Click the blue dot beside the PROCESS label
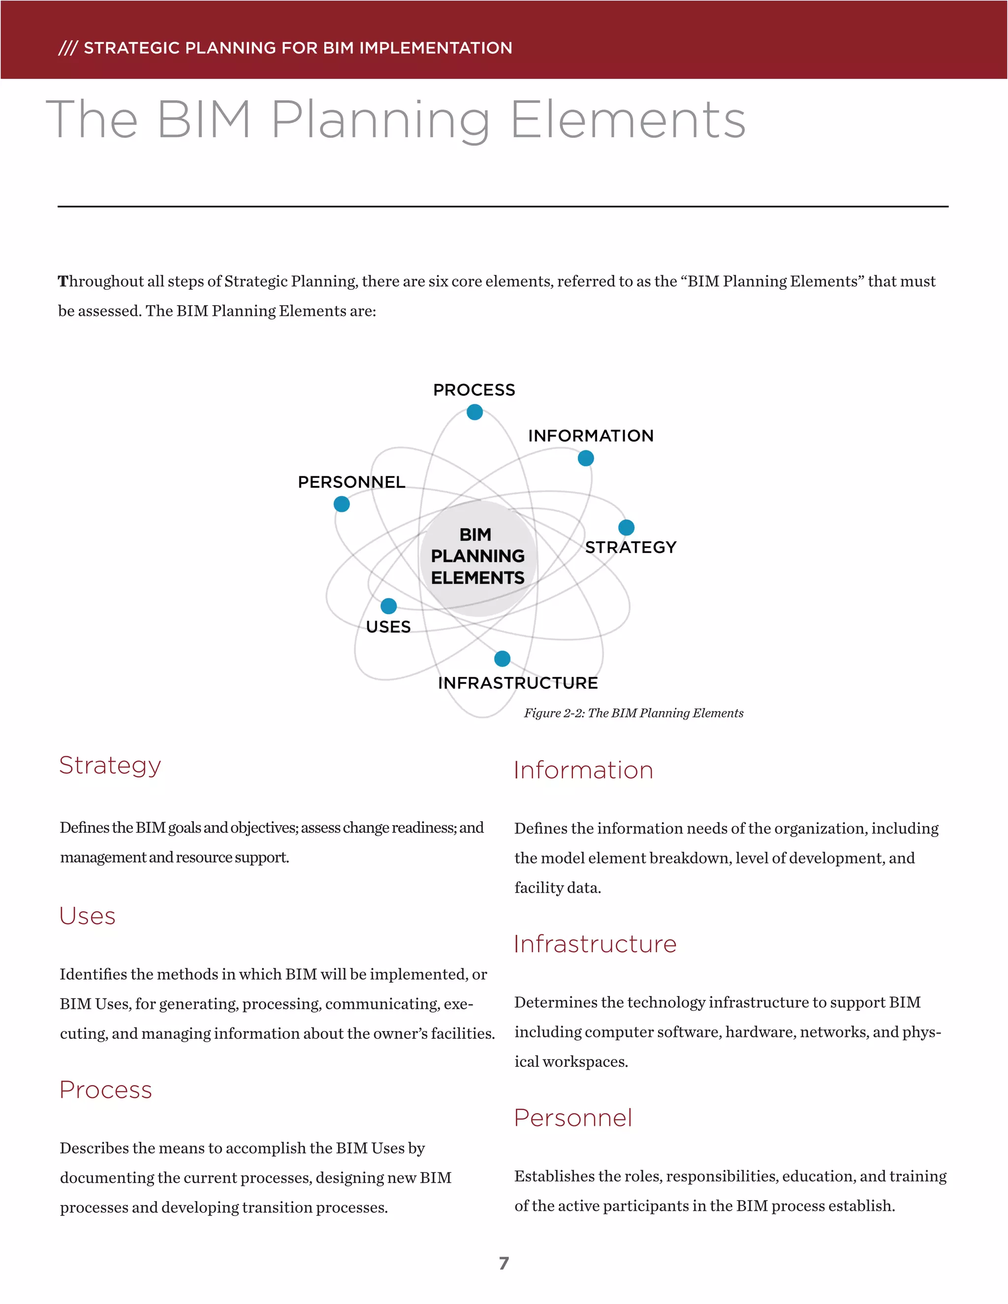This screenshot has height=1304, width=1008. click(x=475, y=412)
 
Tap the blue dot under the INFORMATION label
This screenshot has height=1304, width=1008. click(x=586, y=458)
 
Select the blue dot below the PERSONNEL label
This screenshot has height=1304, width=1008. click(x=342, y=504)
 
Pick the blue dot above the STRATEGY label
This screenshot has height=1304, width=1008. click(x=627, y=527)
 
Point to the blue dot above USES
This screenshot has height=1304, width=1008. click(x=389, y=606)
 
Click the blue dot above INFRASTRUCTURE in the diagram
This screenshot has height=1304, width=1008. click(x=502, y=658)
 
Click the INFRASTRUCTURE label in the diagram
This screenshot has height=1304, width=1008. click(x=518, y=683)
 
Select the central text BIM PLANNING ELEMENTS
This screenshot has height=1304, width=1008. click(x=478, y=556)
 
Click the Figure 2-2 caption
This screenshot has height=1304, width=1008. click(x=633, y=713)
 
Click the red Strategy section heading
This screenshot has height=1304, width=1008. click(x=110, y=766)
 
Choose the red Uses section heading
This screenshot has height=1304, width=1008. click(x=87, y=916)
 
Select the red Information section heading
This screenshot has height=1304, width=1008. click(x=583, y=770)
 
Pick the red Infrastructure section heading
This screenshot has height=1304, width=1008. click(x=595, y=944)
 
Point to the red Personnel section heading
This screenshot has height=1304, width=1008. click(x=573, y=1118)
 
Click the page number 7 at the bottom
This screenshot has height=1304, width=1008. click(x=504, y=1263)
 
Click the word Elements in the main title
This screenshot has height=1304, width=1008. click(x=628, y=120)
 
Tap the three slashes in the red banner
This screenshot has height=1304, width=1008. click(x=67, y=48)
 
